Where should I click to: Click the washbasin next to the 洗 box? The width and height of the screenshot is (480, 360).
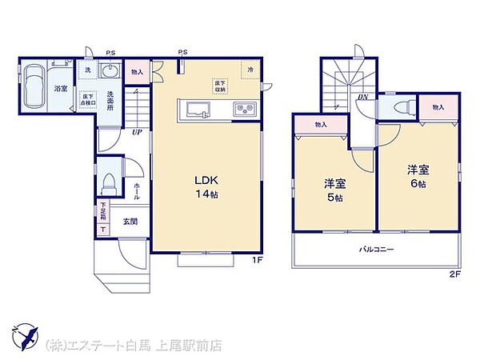pos(110,72)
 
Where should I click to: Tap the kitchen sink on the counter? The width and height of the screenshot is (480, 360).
pos(197,108)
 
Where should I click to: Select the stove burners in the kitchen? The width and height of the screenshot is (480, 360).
pos(243,108)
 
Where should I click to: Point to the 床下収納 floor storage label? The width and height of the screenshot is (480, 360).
pos(219,85)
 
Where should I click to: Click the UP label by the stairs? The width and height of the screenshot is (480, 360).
pos(137,132)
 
